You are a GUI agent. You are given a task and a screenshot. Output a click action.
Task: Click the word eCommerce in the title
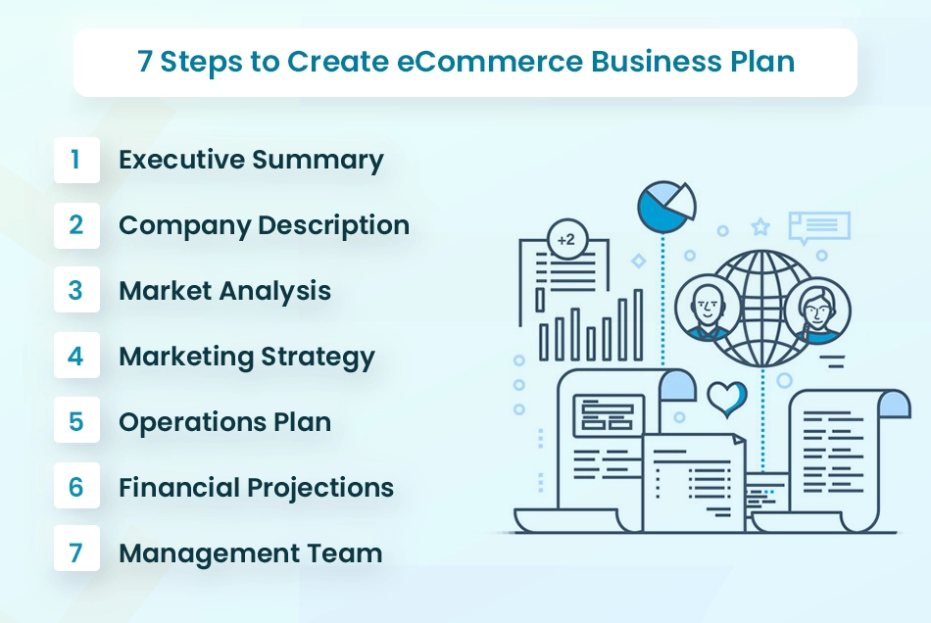pyautogui.click(x=490, y=61)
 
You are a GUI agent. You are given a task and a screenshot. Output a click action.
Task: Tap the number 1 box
pyautogui.click(x=76, y=160)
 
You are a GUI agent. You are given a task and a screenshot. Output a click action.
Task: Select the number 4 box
pyautogui.click(x=76, y=356)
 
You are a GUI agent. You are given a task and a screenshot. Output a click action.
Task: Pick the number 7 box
pyautogui.click(x=76, y=552)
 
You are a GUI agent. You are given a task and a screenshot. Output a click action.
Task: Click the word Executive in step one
pyautogui.click(x=181, y=160)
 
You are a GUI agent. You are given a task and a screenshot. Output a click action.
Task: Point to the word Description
pyautogui.click(x=333, y=226)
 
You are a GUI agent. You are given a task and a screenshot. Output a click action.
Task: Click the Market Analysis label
pyautogui.click(x=225, y=291)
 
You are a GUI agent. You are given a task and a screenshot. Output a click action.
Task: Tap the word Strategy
pyautogui.click(x=318, y=358)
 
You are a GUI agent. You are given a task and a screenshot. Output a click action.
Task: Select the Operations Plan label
pyautogui.click(x=225, y=422)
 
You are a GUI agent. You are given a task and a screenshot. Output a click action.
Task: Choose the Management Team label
pyautogui.click(x=251, y=553)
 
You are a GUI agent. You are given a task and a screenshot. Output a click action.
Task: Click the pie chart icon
pyautogui.click(x=666, y=207)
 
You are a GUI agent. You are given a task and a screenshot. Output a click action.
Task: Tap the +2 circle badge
pyautogui.click(x=566, y=240)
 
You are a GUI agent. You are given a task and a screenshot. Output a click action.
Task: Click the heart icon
pyautogui.click(x=727, y=399)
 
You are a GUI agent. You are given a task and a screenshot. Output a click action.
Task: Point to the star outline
pyautogui.click(x=760, y=226)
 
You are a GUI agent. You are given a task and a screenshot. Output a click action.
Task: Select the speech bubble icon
pyautogui.click(x=819, y=226)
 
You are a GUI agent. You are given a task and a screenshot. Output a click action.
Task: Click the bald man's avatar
pyautogui.click(x=708, y=310)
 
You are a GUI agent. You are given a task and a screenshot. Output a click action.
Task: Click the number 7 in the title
pyautogui.click(x=144, y=61)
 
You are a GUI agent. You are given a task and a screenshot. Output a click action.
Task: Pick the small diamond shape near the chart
pyautogui.click(x=638, y=262)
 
